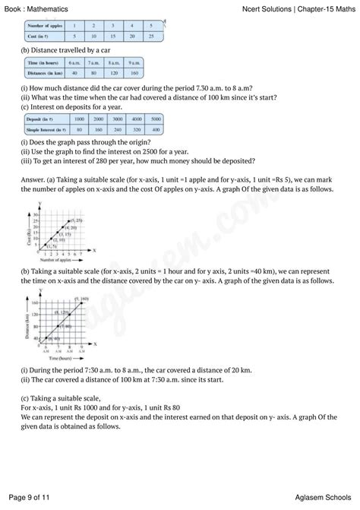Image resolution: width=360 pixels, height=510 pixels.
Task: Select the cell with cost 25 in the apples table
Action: pos(152,36)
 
